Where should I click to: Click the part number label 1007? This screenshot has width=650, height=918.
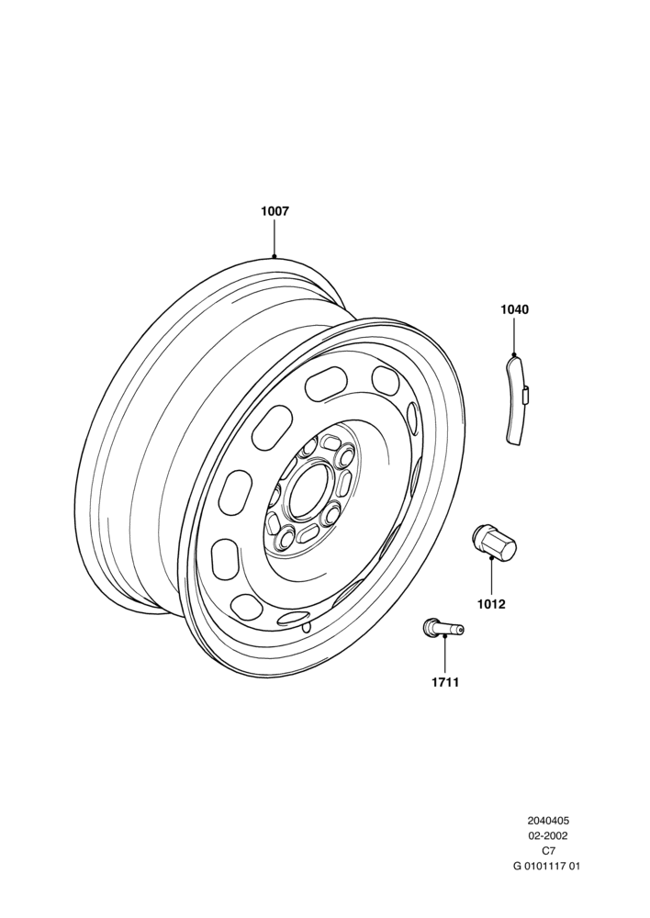click(x=275, y=211)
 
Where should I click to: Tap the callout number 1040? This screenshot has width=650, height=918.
click(x=514, y=309)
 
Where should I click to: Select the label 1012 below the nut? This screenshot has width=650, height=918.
click(x=491, y=604)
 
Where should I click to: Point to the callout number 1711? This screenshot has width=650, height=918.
click(x=445, y=683)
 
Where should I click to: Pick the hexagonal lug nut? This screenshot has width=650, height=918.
click(x=494, y=542)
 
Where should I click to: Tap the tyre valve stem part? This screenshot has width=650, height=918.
click(x=443, y=628)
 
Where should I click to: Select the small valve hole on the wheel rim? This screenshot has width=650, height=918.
click(x=305, y=628)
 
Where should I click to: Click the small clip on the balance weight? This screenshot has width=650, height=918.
click(x=525, y=395)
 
